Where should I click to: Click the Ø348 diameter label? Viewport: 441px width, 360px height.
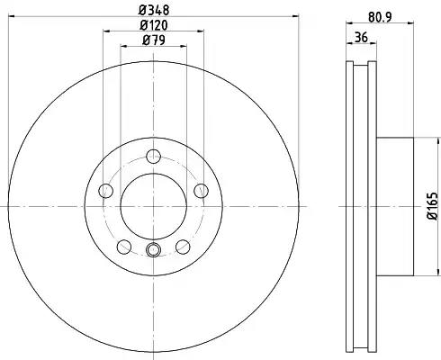click(x=154, y=10)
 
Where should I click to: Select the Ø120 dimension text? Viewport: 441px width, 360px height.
click(x=154, y=25)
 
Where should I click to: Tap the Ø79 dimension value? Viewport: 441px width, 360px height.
click(x=154, y=40)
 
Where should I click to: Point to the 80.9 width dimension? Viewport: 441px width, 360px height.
click(x=380, y=17)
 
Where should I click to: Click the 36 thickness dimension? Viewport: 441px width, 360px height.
click(x=361, y=38)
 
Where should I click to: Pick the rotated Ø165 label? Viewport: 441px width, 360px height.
click(x=434, y=206)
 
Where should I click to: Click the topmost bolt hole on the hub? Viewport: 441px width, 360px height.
click(x=153, y=157)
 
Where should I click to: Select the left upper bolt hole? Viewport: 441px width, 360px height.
click(x=106, y=191)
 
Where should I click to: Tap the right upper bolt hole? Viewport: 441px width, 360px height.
click(x=201, y=191)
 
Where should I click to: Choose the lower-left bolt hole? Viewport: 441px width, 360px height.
click(x=124, y=247)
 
